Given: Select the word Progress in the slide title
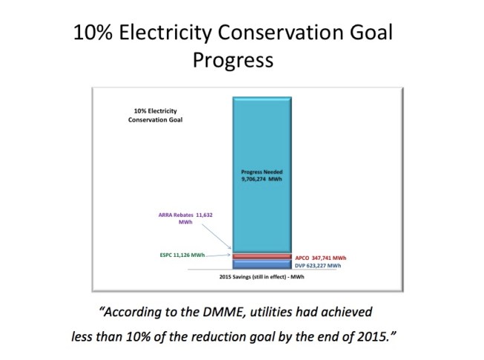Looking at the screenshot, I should (x=233, y=60).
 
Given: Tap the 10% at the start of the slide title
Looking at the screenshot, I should (x=94, y=33).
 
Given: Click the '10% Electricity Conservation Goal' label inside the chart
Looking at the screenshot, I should (x=153, y=114).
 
